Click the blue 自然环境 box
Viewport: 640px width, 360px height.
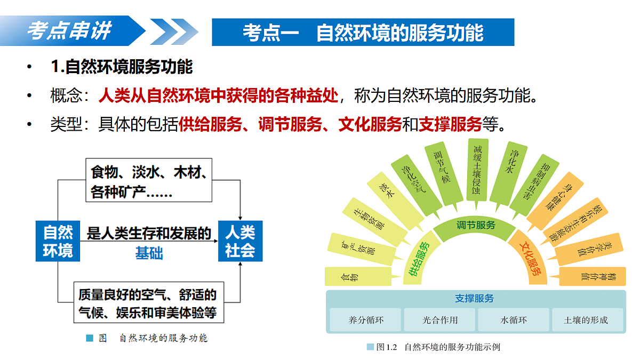pos(58,241)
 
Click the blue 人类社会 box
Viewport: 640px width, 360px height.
pos(241,241)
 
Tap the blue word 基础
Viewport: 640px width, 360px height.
pos(149,253)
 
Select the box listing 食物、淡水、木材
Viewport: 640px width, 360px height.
pos(149,180)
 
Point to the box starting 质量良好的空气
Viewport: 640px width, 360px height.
pos(149,302)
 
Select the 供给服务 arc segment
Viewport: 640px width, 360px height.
pos(420,259)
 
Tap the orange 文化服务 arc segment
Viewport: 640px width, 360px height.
pos(530,257)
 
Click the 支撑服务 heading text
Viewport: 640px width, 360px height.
pos(474,298)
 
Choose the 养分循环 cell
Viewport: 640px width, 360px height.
pos(365,319)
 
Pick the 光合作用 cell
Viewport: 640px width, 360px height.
pos(439,319)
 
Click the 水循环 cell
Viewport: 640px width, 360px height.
pos(514,319)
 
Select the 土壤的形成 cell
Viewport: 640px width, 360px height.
pos(587,319)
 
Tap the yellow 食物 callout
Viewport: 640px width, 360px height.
pos(358,276)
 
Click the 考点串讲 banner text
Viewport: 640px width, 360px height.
pos(69,30)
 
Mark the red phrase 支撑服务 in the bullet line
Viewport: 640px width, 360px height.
pos(450,124)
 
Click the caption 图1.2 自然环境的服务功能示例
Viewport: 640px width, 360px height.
pos(434,347)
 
